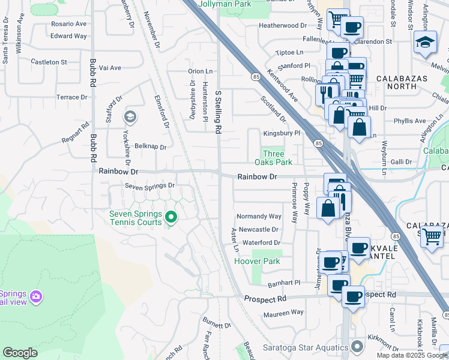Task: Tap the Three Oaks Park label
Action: coord(273,158)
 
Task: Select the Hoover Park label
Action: coord(257,261)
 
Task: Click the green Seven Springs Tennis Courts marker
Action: coord(171,217)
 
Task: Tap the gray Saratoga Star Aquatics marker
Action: coord(358,347)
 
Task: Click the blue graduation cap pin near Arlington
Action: coord(425,43)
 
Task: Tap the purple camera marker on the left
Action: coord(36,296)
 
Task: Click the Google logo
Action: coord(20,353)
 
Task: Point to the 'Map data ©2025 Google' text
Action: coord(412,355)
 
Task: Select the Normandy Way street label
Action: coord(259,216)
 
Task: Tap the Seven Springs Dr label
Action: coord(149,185)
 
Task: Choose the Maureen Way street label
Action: coord(281,312)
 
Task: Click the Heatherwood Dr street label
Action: coord(282,26)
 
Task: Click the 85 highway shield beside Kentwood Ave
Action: coord(256,77)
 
